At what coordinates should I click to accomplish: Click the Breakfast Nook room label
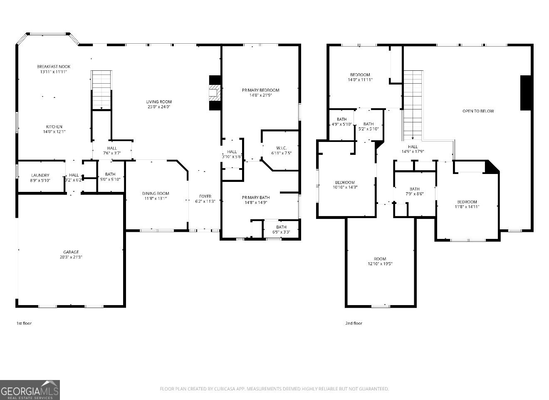54,67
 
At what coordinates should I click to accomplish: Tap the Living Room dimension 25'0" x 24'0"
158,107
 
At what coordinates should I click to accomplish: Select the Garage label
71,252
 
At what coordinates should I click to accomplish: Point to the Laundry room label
40,175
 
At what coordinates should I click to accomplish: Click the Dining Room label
156,193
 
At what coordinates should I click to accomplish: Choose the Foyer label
205,196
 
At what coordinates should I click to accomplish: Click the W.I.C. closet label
281,148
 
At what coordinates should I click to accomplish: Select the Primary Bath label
256,197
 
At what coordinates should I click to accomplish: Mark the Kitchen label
54,127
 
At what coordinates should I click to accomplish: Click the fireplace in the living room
215,93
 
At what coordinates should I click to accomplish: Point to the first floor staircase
102,89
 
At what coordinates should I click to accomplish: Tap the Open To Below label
478,111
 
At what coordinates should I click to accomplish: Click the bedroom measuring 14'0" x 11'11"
360,77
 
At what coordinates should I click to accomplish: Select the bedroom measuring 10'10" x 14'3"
345,184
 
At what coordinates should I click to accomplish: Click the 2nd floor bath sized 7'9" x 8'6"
414,191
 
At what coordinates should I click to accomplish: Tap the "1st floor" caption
24,323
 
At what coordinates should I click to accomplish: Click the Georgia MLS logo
30,390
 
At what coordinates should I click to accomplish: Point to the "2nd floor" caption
354,323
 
